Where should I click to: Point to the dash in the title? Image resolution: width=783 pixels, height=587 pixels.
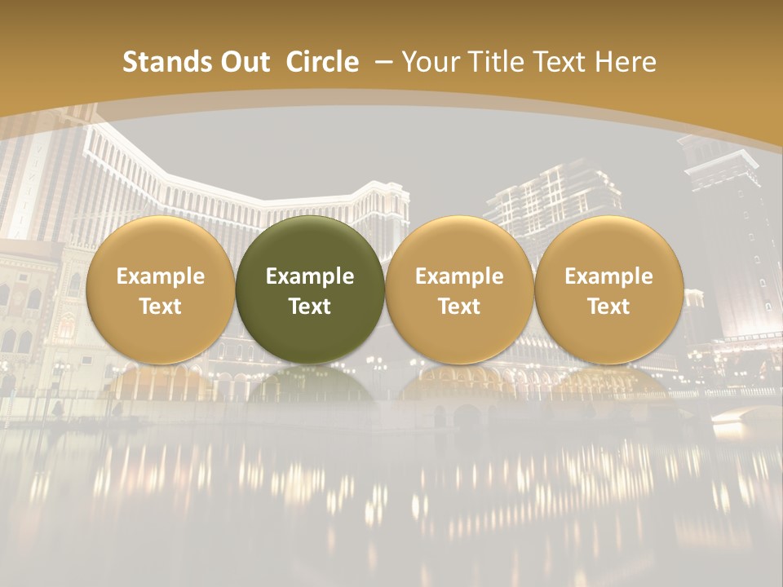[384, 62]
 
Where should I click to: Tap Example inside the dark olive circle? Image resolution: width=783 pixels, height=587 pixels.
[310, 276]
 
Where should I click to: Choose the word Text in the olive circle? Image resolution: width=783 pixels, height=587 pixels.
[310, 307]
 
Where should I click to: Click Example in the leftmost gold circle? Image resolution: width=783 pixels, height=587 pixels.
[161, 276]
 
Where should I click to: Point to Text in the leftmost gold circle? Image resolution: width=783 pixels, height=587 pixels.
[161, 307]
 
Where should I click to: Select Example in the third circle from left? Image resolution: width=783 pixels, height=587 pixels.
[459, 276]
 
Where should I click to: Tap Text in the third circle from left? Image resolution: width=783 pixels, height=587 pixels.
[459, 307]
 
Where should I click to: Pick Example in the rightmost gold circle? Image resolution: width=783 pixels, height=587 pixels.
[608, 276]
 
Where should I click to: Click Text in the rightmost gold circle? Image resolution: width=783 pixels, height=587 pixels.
[608, 307]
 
